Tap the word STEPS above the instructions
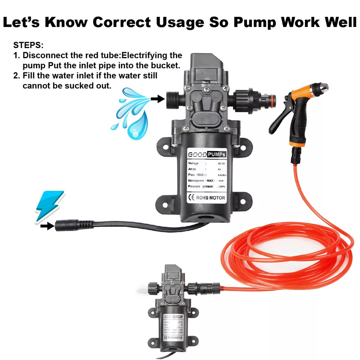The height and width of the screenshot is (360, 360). pyautogui.click(x=28, y=45)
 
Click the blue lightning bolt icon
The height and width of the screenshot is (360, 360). pyautogui.click(x=49, y=206)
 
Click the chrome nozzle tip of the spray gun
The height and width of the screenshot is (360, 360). pyautogui.click(x=322, y=89)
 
